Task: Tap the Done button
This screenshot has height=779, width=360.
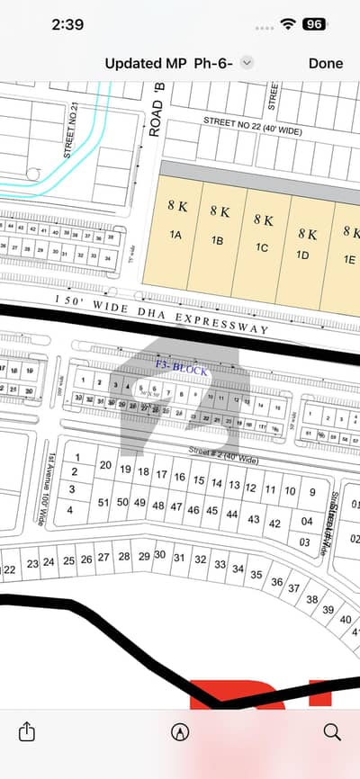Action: tap(325, 63)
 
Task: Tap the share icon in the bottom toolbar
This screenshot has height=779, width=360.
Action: tap(28, 731)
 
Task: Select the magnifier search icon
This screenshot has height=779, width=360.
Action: tap(331, 731)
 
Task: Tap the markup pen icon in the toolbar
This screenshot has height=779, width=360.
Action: tap(180, 731)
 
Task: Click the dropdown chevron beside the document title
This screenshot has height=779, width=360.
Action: tap(247, 63)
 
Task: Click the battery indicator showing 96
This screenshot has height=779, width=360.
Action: tap(314, 24)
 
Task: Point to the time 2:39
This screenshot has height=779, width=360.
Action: tap(68, 24)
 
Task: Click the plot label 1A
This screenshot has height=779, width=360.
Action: tap(176, 236)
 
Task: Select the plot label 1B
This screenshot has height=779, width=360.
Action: tap(218, 240)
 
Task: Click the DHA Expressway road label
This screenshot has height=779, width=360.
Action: tap(162, 315)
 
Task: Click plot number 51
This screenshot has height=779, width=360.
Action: tap(104, 502)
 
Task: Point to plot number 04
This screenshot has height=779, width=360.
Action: tap(307, 521)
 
